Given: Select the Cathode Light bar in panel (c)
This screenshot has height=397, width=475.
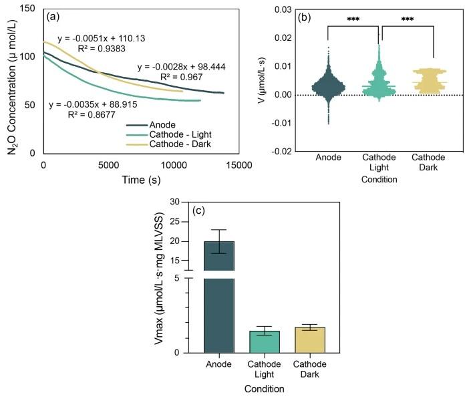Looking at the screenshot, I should click(265, 342).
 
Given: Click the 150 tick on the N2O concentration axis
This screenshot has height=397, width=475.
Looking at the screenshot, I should click(28, 7).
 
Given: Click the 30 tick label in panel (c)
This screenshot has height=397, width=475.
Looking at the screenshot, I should click(176, 201).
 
